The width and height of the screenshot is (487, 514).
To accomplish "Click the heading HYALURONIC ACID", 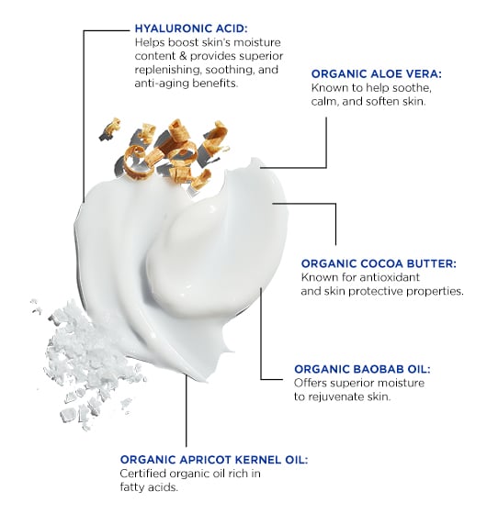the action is click(x=191, y=28).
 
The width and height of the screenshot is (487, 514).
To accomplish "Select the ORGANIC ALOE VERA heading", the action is click(x=377, y=73).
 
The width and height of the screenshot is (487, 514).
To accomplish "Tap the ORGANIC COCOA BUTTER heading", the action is click(x=379, y=263).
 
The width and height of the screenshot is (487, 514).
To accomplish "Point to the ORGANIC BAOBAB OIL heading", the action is click(x=362, y=369).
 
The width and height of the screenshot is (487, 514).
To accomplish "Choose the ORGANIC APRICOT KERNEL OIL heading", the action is click(x=214, y=460).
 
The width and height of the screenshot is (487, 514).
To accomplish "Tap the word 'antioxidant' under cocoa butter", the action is click(x=390, y=277).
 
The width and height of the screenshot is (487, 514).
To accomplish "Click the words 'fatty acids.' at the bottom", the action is click(x=149, y=487).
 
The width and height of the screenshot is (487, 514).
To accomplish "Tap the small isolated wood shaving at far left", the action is click(x=110, y=129).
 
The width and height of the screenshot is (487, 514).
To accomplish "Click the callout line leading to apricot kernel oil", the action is click(x=186, y=410).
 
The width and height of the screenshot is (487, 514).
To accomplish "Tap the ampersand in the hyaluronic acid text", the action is click(x=183, y=56).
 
